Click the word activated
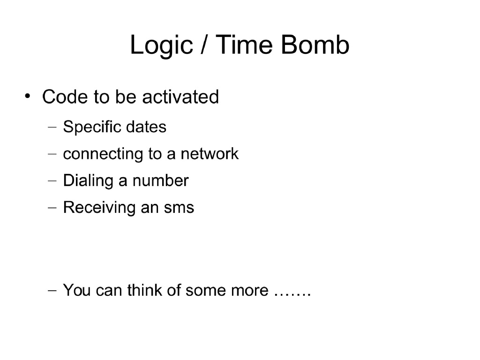point(180,97)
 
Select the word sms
point(179,208)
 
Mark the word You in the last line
point(76,291)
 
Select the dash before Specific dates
point(52,127)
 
